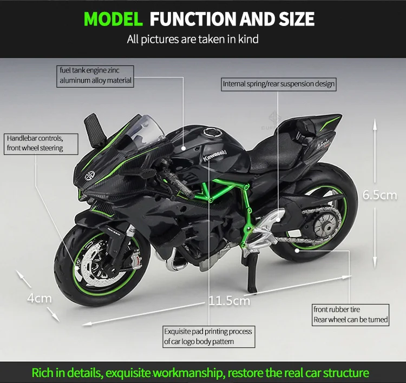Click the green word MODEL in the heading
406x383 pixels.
pos(113,19)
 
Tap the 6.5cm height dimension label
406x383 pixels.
pos(379,195)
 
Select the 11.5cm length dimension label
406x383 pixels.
pos(230,301)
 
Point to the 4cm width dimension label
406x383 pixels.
pos(40,299)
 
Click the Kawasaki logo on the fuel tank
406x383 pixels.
pos(215,155)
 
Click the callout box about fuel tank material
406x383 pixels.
pos(95,76)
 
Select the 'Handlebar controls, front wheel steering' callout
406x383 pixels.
pos(41,144)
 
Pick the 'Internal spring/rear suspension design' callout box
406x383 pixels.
pos(279,84)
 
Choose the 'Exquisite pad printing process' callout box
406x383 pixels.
pos(209,336)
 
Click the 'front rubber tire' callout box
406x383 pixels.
pos(350,315)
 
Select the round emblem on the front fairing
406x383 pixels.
pos(90,176)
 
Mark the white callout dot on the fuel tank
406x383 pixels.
pos(184,148)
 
